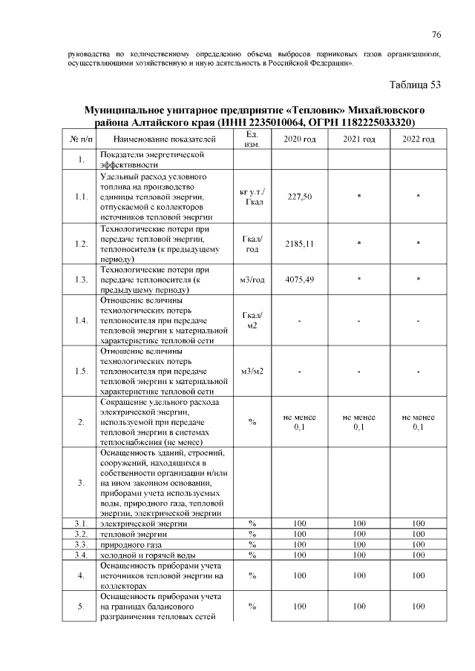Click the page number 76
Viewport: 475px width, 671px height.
point(436,35)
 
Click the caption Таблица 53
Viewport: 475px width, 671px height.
point(415,85)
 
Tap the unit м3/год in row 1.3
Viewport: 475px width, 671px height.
point(252,280)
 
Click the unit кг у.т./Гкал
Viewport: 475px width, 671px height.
point(252,197)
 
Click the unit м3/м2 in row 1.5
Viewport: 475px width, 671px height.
point(252,371)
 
